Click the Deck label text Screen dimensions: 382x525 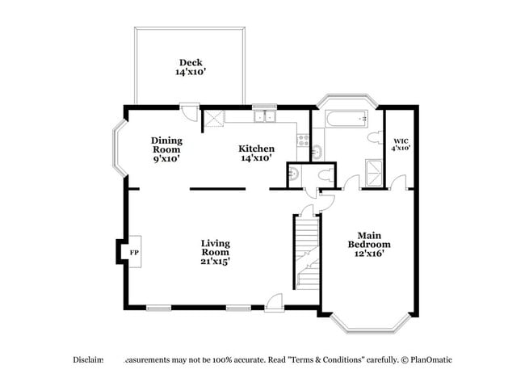(x=191, y=67)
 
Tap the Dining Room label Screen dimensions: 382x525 (x=166, y=149)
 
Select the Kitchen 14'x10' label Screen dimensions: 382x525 (x=256, y=153)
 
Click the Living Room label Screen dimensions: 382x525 (x=216, y=252)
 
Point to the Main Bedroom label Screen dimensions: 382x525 (x=369, y=244)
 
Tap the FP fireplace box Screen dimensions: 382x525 (x=133, y=252)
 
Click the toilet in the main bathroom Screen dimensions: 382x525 (x=373, y=140)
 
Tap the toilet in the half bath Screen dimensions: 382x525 (x=326, y=174)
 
